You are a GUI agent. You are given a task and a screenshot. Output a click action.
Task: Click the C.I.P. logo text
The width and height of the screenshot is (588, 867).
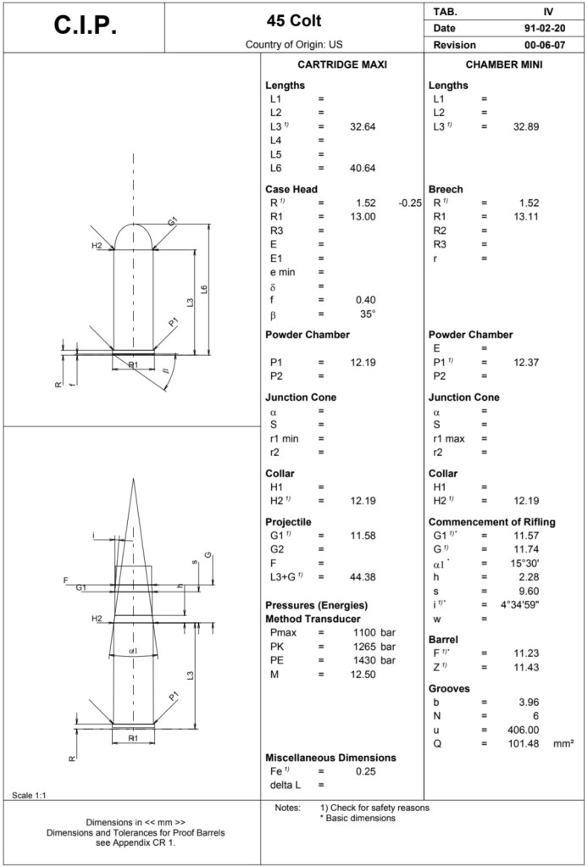pyautogui.click(x=86, y=25)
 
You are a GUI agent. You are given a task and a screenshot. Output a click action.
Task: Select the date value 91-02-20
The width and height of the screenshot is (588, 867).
pyautogui.click(x=545, y=28)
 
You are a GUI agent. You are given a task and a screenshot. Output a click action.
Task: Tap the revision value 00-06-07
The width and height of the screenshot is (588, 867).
pyautogui.click(x=545, y=44)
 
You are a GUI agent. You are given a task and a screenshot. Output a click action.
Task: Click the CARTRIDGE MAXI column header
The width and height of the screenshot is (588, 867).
pyautogui.click(x=342, y=65)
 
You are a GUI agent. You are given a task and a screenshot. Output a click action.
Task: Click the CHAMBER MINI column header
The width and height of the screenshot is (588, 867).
pyautogui.click(x=504, y=65)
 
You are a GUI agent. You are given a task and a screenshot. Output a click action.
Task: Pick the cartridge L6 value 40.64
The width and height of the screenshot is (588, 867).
pyautogui.click(x=362, y=167)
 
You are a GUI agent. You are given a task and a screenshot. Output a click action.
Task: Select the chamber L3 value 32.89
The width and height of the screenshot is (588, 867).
pyautogui.click(x=526, y=126)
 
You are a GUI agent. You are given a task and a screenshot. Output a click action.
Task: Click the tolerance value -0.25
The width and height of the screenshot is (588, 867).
pyautogui.click(x=410, y=203)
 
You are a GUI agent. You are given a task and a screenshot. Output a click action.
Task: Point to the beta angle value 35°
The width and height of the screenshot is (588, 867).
pyautogui.click(x=367, y=314)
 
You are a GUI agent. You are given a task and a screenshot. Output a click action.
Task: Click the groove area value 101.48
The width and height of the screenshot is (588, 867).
pyautogui.click(x=525, y=743)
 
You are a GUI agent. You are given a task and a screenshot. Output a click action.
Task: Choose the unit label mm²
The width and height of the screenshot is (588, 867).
pyautogui.click(x=563, y=743)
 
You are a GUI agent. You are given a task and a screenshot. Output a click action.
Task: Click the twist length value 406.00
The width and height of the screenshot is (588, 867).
pyautogui.click(x=525, y=730)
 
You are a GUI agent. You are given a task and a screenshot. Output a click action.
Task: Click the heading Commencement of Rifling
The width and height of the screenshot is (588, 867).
pyautogui.click(x=491, y=522)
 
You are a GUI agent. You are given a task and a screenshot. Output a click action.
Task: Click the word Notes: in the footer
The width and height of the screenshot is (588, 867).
pyautogui.click(x=288, y=808)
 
